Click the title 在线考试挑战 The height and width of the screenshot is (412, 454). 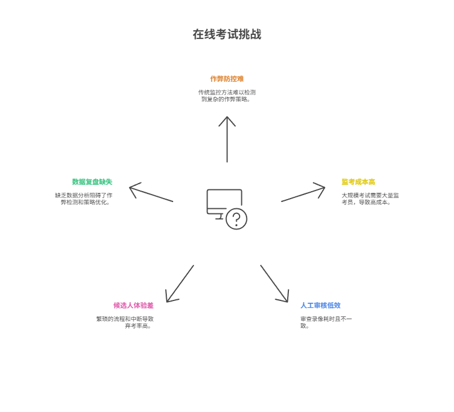[x=227, y=34]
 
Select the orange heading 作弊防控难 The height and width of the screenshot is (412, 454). [x=227, y=79]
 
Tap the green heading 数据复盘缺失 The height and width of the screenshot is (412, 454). [x=92, y=182]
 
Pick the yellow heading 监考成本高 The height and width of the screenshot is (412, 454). [x=358, y=182]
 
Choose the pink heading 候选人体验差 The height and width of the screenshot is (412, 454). [x=134, y=306]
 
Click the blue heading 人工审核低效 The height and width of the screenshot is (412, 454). [x=320, y=306]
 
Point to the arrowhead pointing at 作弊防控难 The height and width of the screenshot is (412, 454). [x=227, y=120]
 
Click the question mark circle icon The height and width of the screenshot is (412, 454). [x=236, y=219]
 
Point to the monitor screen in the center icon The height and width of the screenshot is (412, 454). [x=223, y=199]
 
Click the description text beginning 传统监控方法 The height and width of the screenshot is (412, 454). [x=227, y=96]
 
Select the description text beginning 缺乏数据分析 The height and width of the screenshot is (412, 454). [x=84, y=199]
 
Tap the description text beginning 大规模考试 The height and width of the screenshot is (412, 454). [x=370, y=199]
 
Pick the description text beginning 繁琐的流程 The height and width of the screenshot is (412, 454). [x=125, y=322]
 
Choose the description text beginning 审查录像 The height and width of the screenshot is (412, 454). [x=326, y=322]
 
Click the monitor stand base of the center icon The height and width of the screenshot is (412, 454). [x=218, y=217]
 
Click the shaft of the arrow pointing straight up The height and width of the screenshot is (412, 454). [x=227, y=143]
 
